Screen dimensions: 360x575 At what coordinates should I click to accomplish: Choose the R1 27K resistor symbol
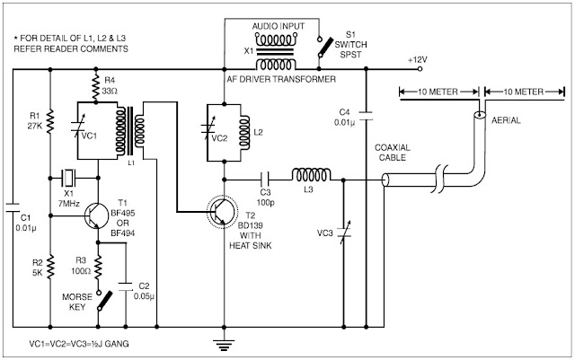(x=49, y=118)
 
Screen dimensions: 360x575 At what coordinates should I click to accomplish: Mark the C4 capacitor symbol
(x=367, y=115)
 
